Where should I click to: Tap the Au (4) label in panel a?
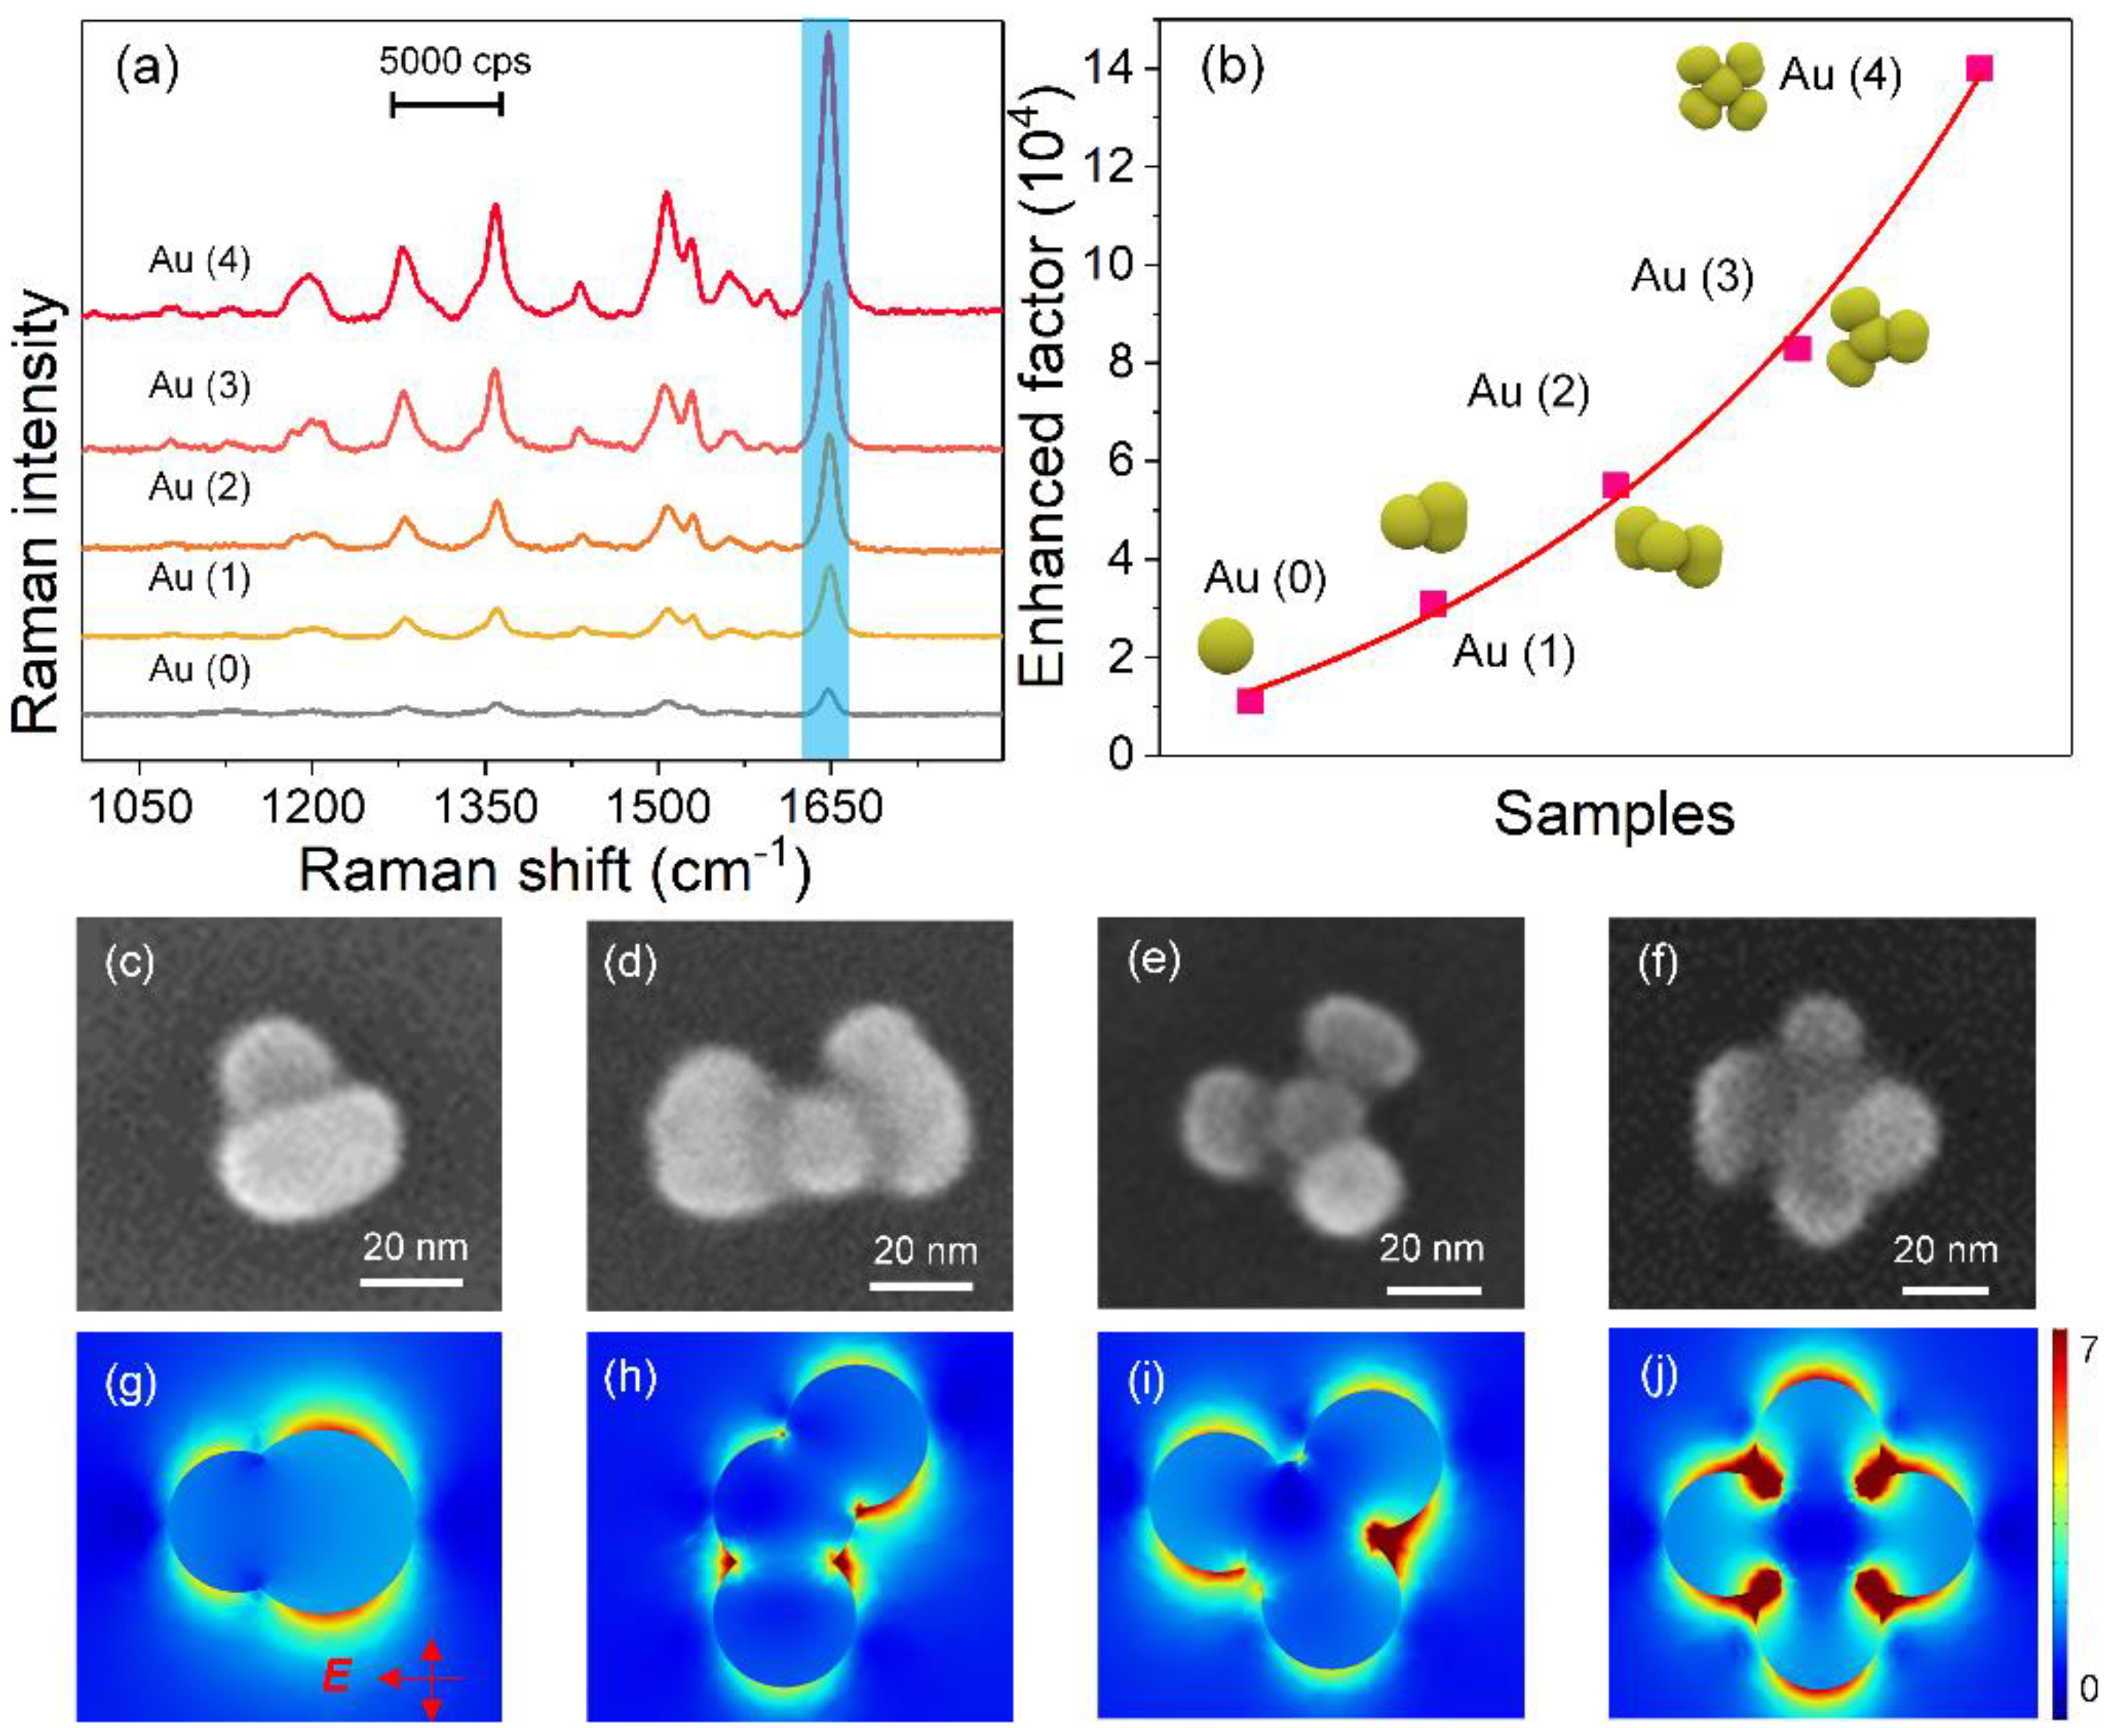pos(199,262)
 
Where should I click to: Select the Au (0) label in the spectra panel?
pos(199,670)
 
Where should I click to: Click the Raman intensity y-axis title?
pos(38,512)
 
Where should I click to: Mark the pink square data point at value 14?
pos(1980,68)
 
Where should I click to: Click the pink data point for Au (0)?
pos(1251,701)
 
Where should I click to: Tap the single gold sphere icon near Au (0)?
pos(1225,644)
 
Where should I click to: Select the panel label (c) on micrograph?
pos(130,964)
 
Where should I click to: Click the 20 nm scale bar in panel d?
pos(921,1286)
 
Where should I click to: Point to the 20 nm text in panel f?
pos(1945,1250)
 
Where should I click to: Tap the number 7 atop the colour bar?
pos(2087,1350)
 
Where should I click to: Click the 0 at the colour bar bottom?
pos(2088,1688)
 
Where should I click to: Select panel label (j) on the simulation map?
pos(1660,1374)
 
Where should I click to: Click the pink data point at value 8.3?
pos(1797,348)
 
